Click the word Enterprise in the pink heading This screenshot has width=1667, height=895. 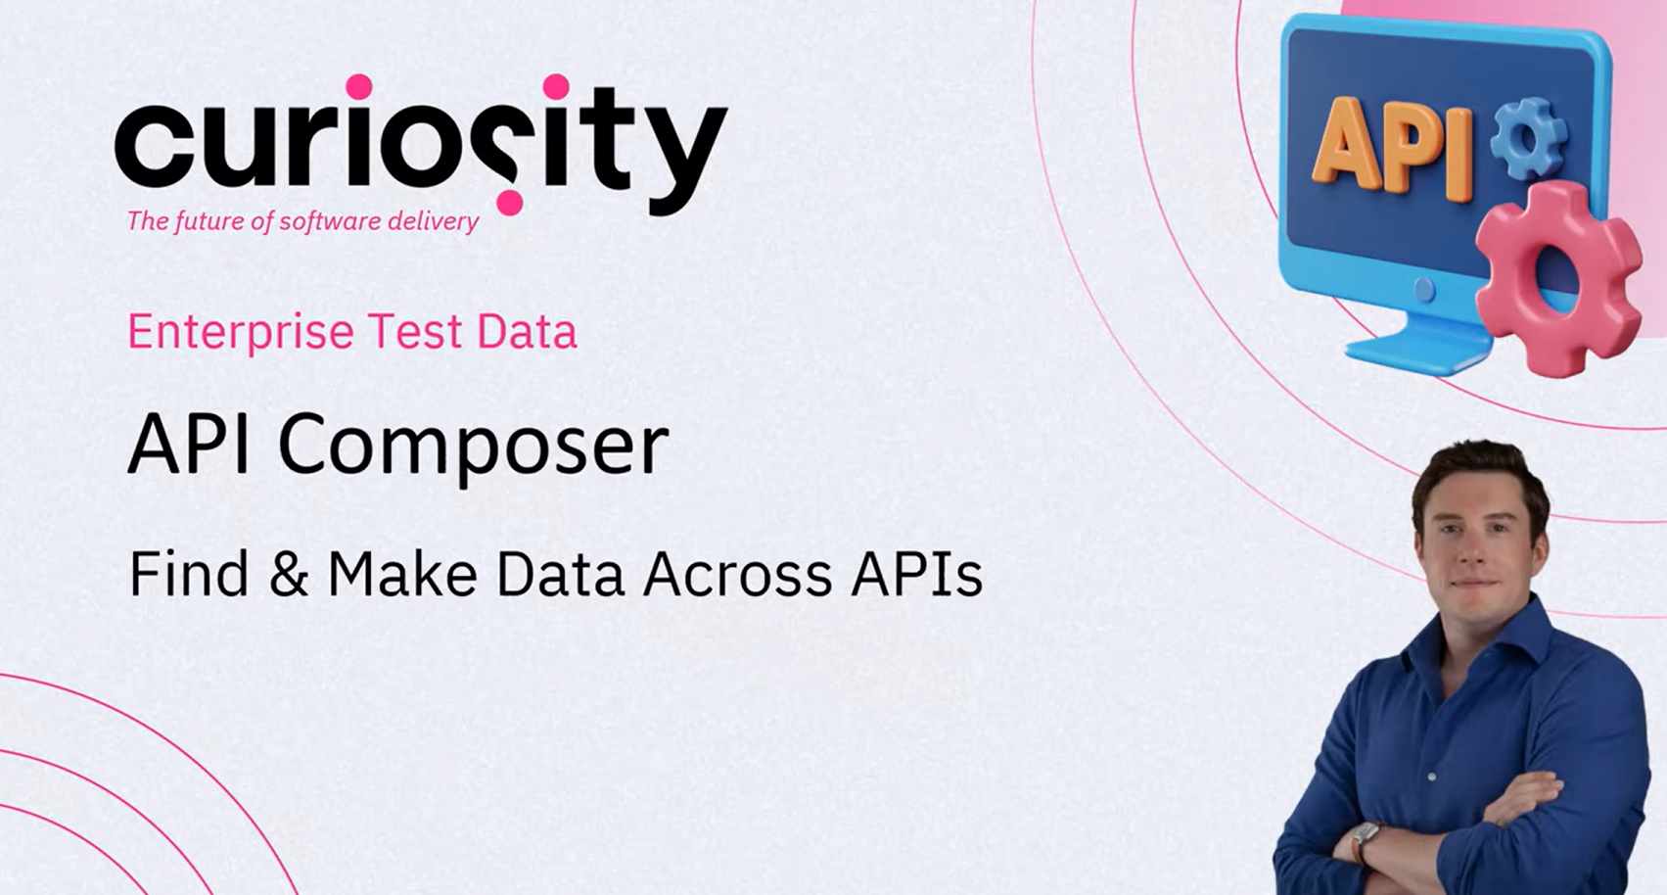[x=241, y=331]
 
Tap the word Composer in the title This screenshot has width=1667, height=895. [x=474, y=446]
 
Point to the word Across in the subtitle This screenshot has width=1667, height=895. [x=737, y=574]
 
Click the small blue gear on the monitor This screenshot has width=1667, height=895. [x=1529, y=139]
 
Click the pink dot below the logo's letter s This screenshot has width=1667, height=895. [x=510, y=202]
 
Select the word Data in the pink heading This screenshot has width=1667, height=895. [x=527, y=331]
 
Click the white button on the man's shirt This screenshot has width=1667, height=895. [x=1432, y=777]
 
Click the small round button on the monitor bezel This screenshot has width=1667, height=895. [x=1423, y=289]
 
